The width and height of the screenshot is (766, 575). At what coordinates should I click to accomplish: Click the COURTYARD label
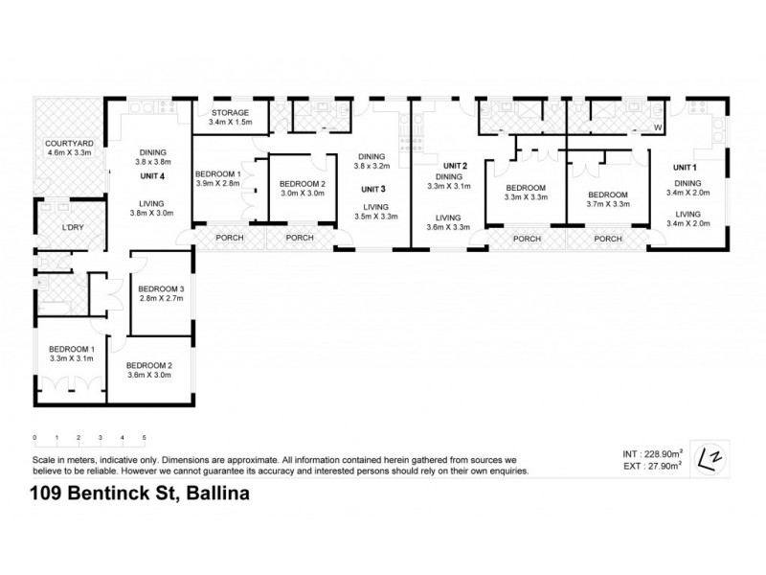pyautogui.click(x=68, y=143)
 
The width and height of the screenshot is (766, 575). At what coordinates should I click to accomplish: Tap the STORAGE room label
pyautogui.click(x=230, y=112)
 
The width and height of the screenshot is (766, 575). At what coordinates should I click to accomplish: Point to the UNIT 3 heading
pyautogui.click(x=374, y=189)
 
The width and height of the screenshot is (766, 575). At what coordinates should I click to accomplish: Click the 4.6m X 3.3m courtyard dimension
pyautogui.click(x=68, y=152)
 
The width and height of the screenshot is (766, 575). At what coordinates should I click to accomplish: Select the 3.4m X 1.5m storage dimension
pyautogui.click(x=230, y=123)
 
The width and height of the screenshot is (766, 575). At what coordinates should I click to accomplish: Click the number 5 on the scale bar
pyautogui.click(x=145, y=438)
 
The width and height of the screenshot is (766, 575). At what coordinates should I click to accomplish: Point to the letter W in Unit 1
pyautogui.click(x=658, y=126)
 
